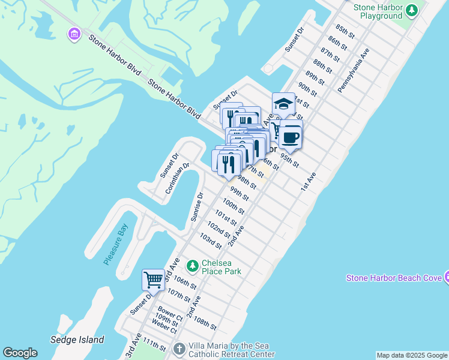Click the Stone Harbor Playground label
click(x=378, y=11)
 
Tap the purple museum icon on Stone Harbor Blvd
click(x=74, y=34)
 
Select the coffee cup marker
click(x=291, y=136)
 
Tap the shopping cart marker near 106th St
click(x=153, y=280)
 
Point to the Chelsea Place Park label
click(x=221, y=266)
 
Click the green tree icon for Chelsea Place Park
click(x=192, y=265)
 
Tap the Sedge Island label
click(x=77, y=339)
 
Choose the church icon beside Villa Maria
click(x=179, y=348)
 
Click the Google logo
click(x=20, y=353)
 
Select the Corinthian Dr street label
click(x=178, y=178)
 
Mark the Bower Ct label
click(x=170, y=314)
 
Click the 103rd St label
click(x=211, y=242)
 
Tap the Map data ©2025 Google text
click(x=412, y=355)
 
